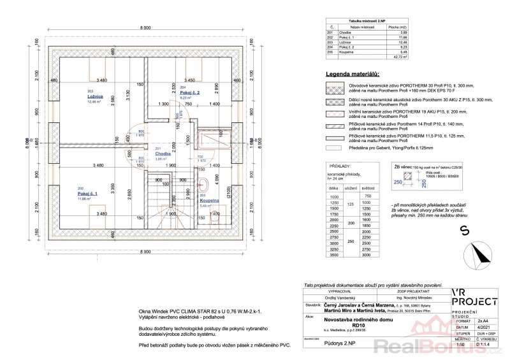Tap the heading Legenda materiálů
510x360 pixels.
353,75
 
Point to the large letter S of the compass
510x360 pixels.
465,229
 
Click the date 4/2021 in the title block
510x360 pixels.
482,327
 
